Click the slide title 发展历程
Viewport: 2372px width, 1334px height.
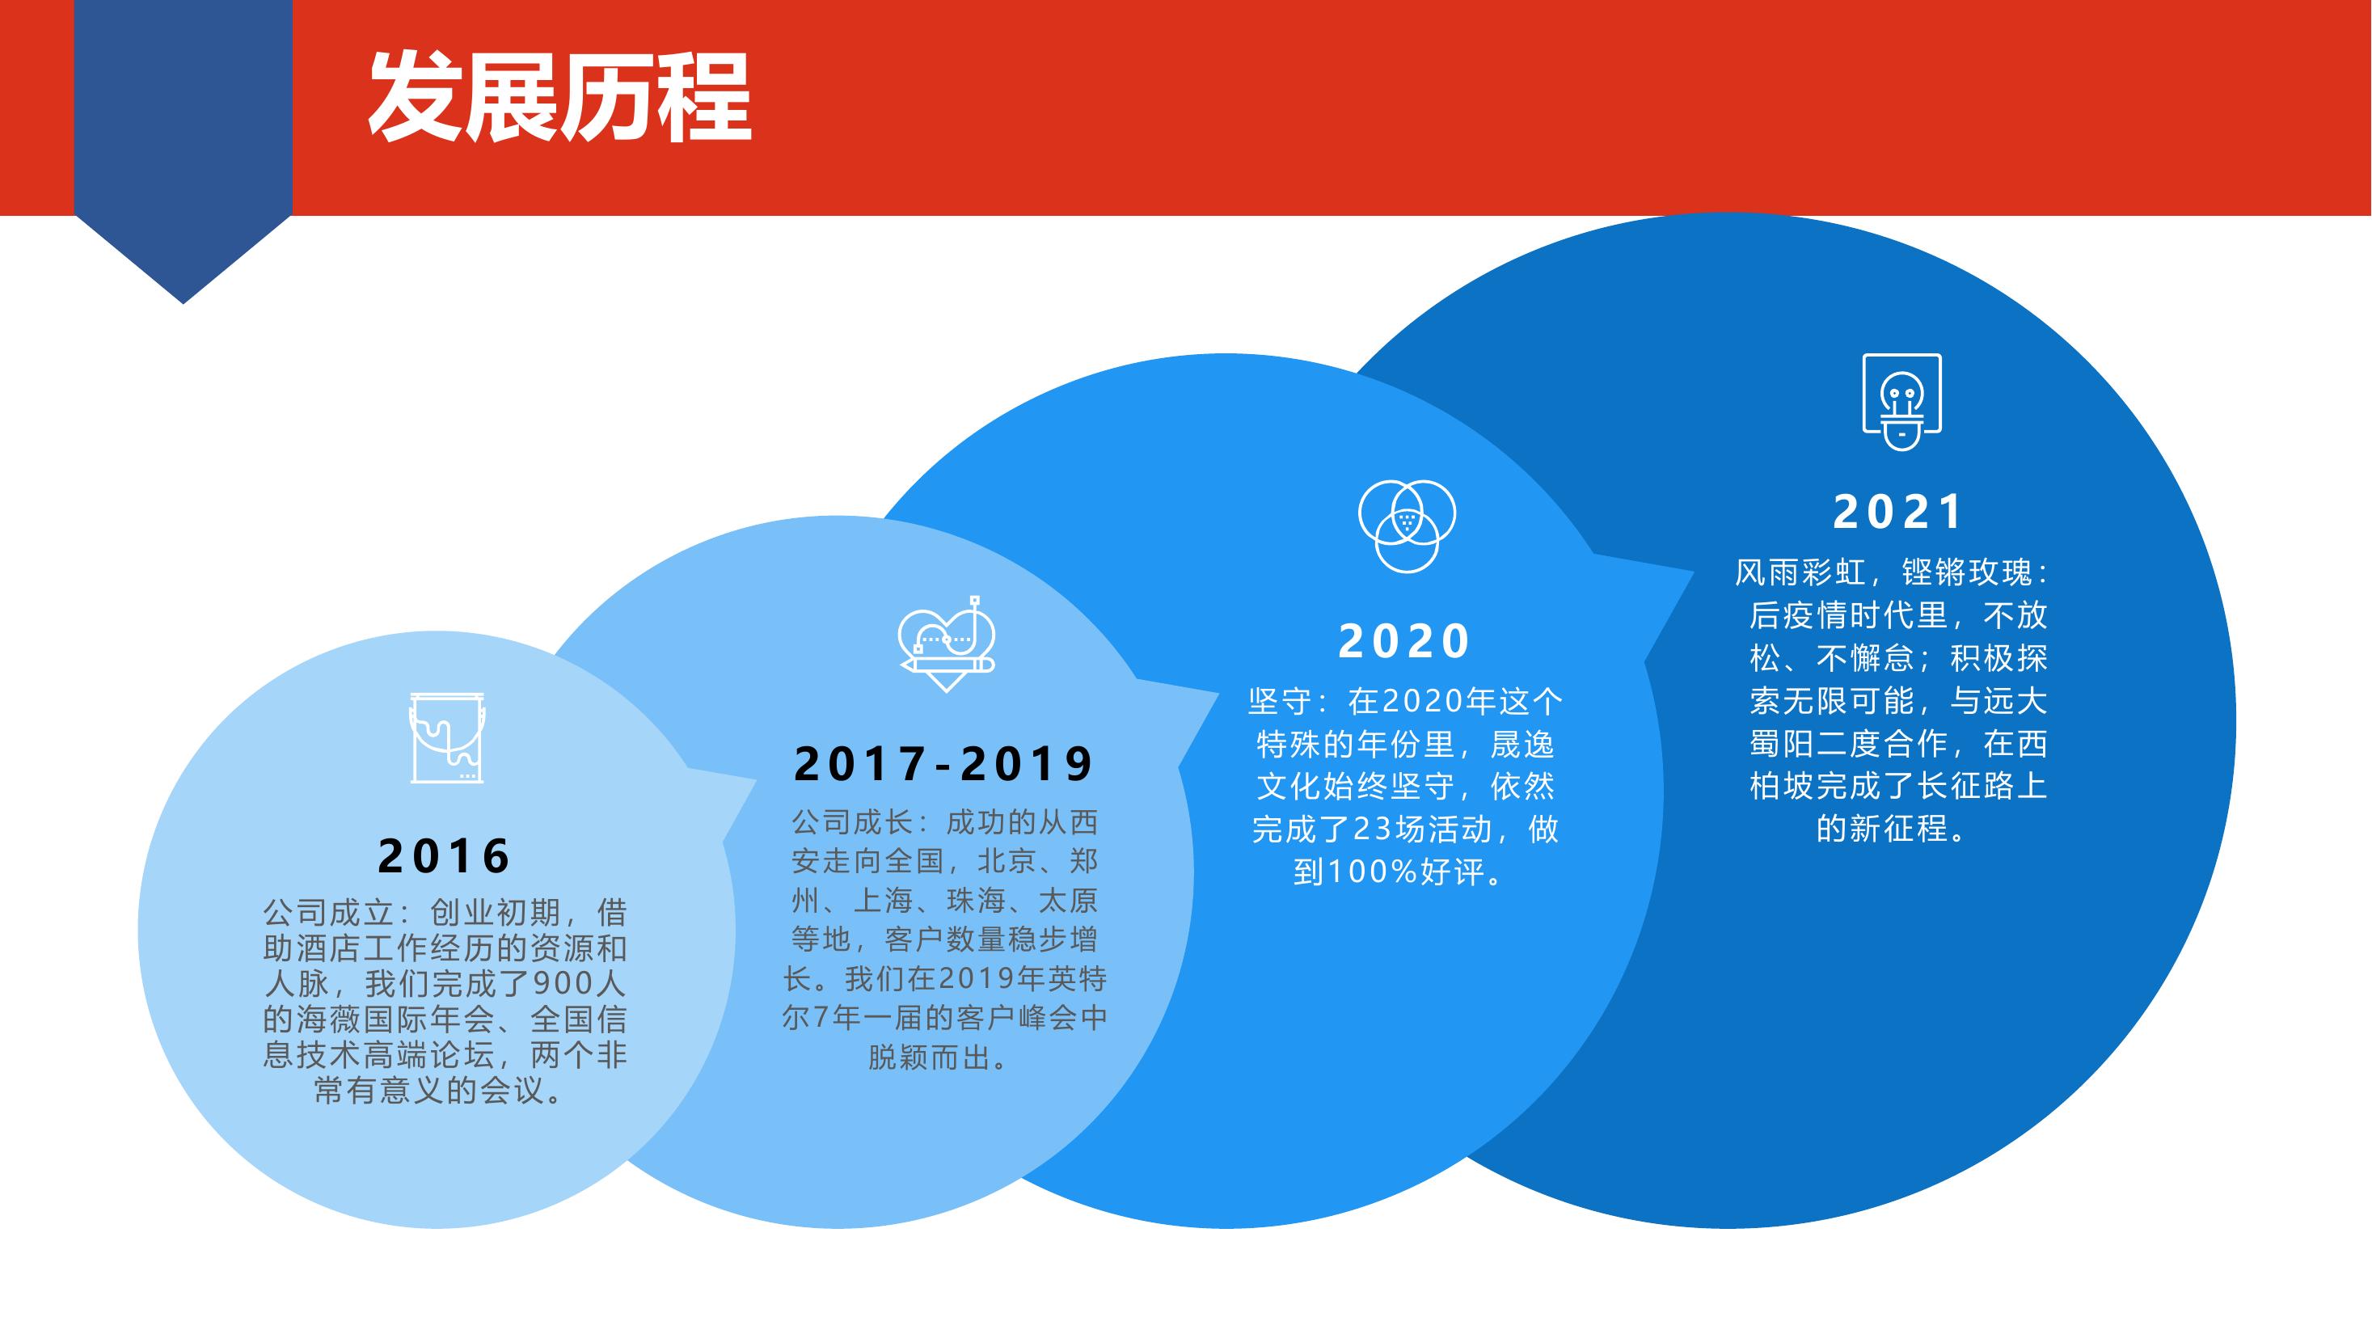(559, 98)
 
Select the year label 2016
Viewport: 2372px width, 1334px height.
(445, 856)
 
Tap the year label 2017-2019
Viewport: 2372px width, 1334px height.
(943, 763)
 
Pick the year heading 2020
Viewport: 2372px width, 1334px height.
(1404, 641)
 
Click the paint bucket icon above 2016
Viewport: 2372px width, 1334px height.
(446, 737)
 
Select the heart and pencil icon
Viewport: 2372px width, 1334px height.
(947, 643)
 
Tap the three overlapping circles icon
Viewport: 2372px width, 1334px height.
(1407, 526)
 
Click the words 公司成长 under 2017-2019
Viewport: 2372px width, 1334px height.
(853, 821)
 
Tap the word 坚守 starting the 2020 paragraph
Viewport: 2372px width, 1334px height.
(1280, 702)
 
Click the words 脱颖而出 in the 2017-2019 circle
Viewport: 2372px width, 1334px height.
(929, 1057)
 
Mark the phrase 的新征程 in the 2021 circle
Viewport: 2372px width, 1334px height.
(1882, 829)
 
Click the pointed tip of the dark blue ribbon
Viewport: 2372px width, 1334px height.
(184, 303)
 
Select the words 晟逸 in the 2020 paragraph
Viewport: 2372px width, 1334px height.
(1523, 744)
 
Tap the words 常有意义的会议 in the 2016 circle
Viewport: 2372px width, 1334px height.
(430, 1090)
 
